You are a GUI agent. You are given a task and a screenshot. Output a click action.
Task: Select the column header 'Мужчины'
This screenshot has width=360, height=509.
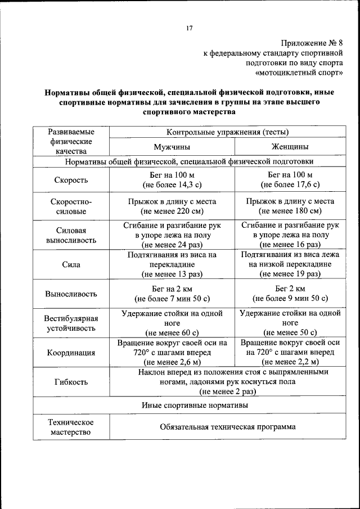pos(172,147)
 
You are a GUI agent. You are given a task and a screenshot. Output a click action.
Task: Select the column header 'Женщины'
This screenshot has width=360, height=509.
pos(290,147)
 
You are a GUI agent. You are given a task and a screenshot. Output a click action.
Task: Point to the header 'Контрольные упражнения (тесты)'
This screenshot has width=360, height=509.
pos(228,132)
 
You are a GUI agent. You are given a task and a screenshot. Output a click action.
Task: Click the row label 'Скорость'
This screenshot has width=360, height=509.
pos(71,180)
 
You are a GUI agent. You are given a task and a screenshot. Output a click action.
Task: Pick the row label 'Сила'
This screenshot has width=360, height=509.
pos(71,264)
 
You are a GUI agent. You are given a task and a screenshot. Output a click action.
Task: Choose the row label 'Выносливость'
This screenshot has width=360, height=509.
pos(71,294)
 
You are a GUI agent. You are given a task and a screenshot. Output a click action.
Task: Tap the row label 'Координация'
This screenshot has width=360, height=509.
pos(71,353)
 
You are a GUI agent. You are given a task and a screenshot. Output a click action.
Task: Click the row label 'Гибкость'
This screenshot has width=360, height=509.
pos(71,382)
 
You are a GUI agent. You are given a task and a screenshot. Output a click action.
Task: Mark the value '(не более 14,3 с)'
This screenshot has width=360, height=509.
pos(172,185)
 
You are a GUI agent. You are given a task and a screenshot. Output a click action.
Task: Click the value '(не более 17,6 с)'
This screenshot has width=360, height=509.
pos(290,185)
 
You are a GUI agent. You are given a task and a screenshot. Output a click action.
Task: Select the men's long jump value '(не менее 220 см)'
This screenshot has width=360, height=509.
pos(172,211)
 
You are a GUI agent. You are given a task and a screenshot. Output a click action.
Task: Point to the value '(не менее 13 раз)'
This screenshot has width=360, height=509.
pos(172,274)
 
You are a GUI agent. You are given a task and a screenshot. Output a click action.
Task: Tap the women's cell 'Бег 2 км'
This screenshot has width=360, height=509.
pos(290,288)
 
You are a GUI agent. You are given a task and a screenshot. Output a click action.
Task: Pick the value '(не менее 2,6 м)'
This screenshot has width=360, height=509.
pos(172,362)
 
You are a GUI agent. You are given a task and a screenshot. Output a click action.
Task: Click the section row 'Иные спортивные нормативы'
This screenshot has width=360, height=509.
pos(194,404)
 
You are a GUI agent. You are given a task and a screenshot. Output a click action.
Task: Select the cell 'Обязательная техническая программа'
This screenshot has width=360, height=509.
pos(228,427)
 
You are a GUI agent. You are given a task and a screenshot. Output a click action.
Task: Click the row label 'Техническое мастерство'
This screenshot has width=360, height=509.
pos(71,427)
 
